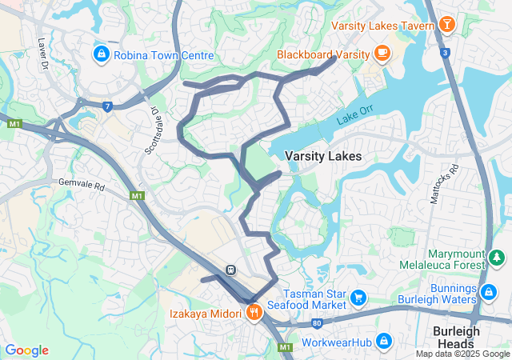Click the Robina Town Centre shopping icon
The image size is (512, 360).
[x=101, y=54]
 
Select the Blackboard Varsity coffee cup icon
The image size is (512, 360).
[x=382, y=54]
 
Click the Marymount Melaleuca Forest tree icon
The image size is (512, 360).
[x=497, y=258]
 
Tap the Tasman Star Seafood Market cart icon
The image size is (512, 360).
[x=358, y=298]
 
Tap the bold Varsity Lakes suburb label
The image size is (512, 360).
[x=323, y=156]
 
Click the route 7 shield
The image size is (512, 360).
[x=107, y=105]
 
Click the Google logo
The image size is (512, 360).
[x=26, y=350]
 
